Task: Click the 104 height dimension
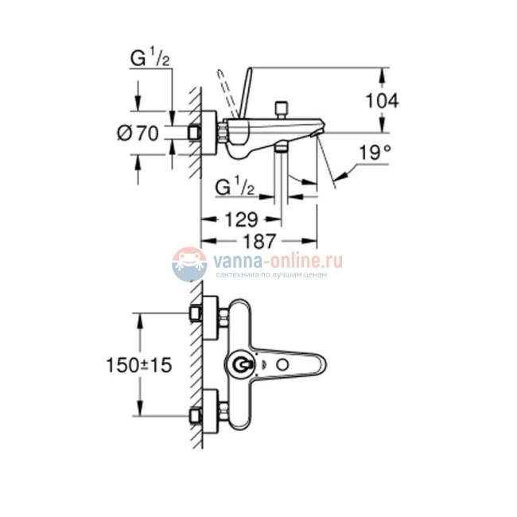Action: click(382, 100)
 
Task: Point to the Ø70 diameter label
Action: click(138, 134)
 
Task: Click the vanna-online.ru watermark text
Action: click(275, 260)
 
